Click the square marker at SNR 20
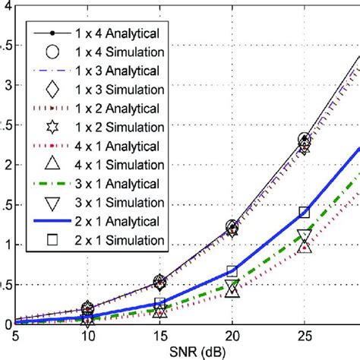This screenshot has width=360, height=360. coord(232,271)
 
